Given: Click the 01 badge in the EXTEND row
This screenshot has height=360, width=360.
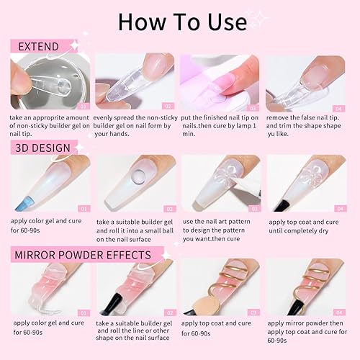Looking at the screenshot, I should [84, 106].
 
